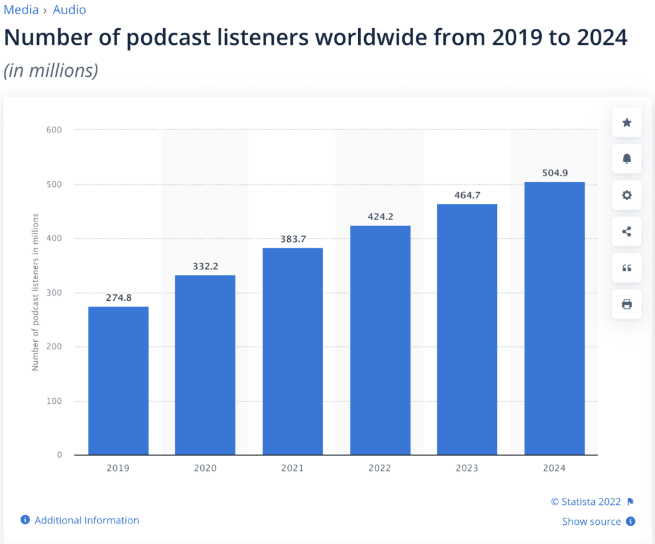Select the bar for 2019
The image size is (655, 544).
pos(118,381)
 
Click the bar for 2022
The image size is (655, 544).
pos(380,340)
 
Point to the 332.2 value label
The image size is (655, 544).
pos(205,266)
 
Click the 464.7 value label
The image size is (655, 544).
pos(467,195)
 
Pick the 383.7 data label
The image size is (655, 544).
pos(293,239)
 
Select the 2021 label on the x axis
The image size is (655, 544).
pos(292,468)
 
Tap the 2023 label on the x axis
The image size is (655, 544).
pos(467,468)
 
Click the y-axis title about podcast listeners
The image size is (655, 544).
pos(36,292)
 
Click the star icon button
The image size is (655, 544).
pos(627,122)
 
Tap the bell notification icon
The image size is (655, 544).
pos(627,159)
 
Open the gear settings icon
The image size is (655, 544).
pos(627,195)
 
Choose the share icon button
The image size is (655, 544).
pos(627,232)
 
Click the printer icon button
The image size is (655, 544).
pos(627,304)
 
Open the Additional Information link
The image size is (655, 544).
pos(86,520)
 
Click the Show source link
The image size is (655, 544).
pos(592,522)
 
